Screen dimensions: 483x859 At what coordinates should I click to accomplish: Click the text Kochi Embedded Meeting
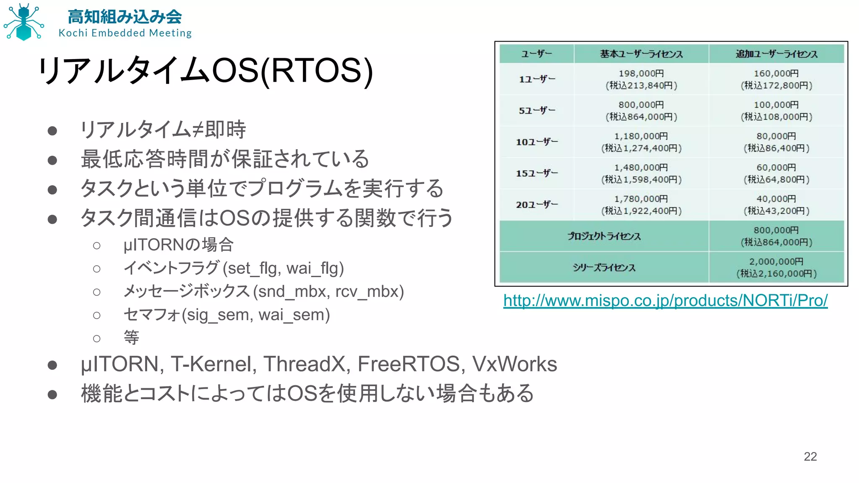pyautogui.click(x=125, y=33)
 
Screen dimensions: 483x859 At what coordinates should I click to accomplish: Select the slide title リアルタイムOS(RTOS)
pyautogui.click(x=206, y=70)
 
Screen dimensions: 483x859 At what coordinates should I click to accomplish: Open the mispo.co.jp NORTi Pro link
pyautogui.click(x=665, y=301)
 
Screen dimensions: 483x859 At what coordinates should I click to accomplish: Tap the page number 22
pyautogui.click(x=810, y=456)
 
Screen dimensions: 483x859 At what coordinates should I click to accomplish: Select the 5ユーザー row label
pyautogui.click(x=536, y=111)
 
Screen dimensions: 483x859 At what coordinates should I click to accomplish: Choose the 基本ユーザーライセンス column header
pyautogui.click(x=641, y=54)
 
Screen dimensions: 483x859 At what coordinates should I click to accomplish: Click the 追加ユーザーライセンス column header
pyautogui.click(x=776, y=54)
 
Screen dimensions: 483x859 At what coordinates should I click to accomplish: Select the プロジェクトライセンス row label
pyautogui.click(x=604, y=236)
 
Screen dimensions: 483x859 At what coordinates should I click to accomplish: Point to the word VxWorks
pyautogui.click(x=515, y=364)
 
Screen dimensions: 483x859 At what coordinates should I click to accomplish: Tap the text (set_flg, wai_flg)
pyautogui.click(x=283, y=268)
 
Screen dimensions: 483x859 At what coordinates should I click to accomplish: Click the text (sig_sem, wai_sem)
pyautogui.click(x=256, y=315)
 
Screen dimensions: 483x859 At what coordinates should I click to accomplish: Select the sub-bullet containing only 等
pyautogui.click(x=131, y=338)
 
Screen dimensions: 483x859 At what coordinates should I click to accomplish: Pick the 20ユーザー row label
pyautogui.click(x=536, y=205)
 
